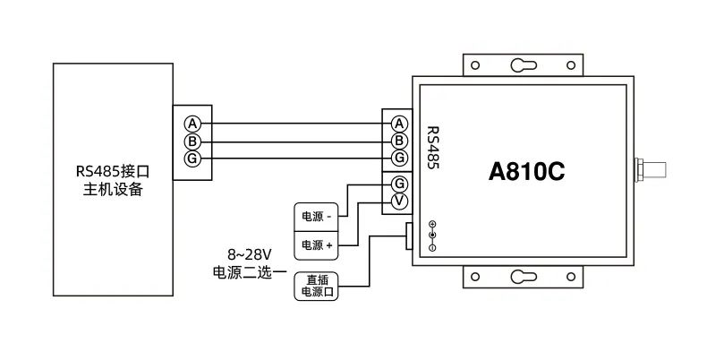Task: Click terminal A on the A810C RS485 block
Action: (399, 123)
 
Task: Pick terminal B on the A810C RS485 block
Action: (399, 141)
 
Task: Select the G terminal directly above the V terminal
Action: (399, 184)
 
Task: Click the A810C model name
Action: (525, 170)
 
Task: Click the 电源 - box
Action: (318, 217)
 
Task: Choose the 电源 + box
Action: (318, 244)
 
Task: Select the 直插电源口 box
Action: (318, 286)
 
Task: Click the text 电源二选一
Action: (248, 271)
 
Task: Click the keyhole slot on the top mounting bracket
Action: (522, 65)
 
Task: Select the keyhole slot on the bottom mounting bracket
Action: (522, 277)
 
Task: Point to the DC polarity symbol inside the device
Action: (432, 235)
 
